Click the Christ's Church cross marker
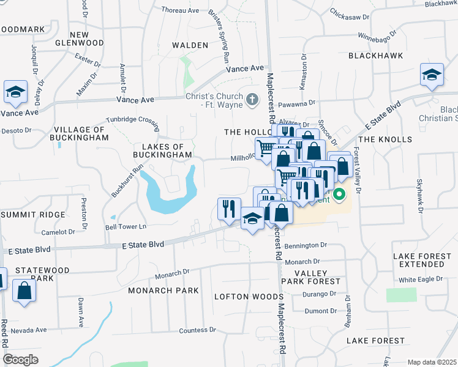251,100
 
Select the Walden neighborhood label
190,45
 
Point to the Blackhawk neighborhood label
375,56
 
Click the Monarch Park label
163,291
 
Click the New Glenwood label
88,39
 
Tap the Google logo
21,360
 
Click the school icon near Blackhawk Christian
432,75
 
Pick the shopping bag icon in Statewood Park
24,290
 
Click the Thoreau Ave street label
181,10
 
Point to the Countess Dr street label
197,330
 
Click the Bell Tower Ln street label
126,227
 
